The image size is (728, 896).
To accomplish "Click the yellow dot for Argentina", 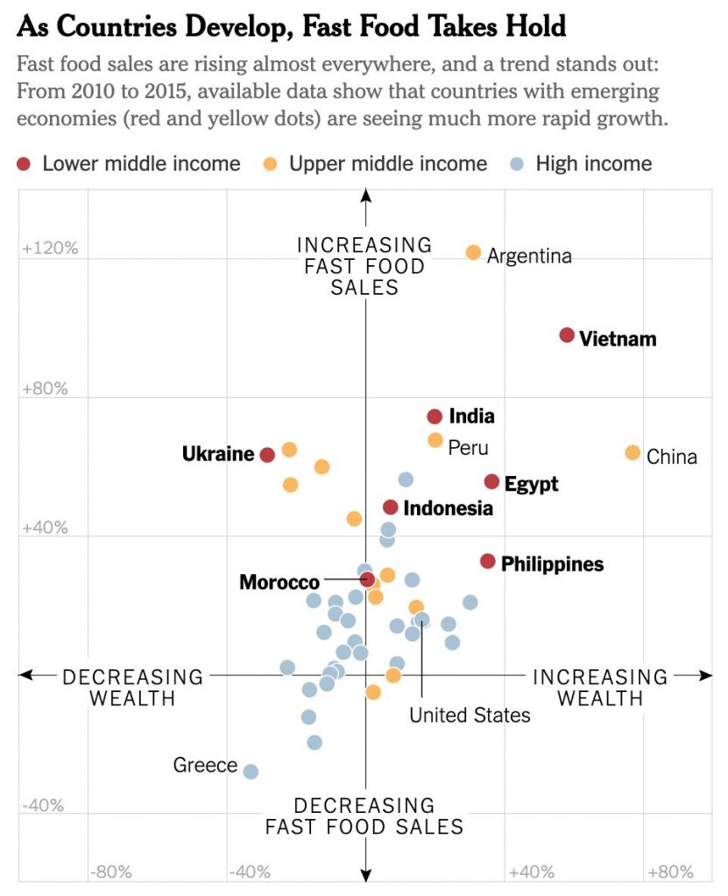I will pyautogui.click(x=473, y=253).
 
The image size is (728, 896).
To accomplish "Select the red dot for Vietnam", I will pyautogui.click(x=567, y=335).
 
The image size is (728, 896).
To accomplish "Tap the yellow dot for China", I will pyautogui.click(x=633, y=452).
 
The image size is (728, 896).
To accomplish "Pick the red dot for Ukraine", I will pyautogui.click(x=267, y=455).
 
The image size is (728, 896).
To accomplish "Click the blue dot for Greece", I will pyautogui.click(x=251, y=772).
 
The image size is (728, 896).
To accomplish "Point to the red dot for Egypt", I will pyautogui.click(x=491, y=482).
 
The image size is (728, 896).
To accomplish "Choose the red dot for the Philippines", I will pyautogui.click(x=488, y=561).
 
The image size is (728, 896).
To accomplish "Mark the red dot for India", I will pyautogui.click(x=435, y=416).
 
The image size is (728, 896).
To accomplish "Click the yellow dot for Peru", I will pyautogui.click(x=435, y=440).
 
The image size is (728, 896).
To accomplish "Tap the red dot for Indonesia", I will pyautogui.click(x=391, y=507).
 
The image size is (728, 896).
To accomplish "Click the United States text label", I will pyautogui.click(x=470, y=715).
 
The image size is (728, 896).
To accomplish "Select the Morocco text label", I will pyautogui.click(x=279, y=583).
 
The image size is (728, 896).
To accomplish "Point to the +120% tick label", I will pyautogui.click(x=50, y=249).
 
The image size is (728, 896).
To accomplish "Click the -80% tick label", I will pyautogui.click(x=110, y=871).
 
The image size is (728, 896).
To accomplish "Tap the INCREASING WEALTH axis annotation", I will pyautogui.click(x=600, y=688).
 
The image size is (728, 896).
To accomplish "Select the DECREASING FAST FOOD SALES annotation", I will pyautogui.click(x=364, y=815).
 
